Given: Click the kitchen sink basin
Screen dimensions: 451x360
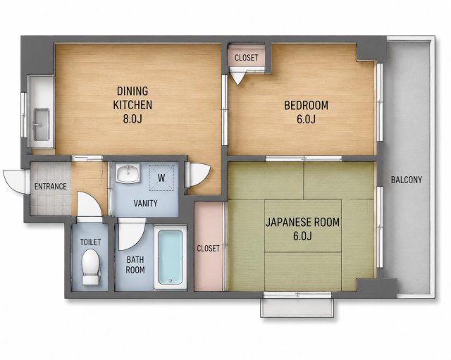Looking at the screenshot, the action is [x=42, y=125].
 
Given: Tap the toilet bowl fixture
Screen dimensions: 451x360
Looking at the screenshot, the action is [x=91, y=267].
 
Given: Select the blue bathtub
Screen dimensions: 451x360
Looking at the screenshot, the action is [x=171, y=257].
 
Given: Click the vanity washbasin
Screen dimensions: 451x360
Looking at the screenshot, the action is [x=128, y=173].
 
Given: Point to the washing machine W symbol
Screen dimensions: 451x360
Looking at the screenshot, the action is [x=161, y=178].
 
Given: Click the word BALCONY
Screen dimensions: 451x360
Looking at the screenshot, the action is [x=407, y=180].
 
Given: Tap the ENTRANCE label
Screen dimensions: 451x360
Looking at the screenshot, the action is [x=51, y=186].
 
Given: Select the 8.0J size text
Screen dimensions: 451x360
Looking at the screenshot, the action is [x=132, y=118].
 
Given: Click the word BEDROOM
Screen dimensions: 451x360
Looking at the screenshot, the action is [x=306, y=105].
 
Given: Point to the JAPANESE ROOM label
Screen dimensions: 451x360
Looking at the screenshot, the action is [x=302, y=222].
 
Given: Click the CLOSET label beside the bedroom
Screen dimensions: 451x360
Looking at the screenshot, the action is [x=246, y=58].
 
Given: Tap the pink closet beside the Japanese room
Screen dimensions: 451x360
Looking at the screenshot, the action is [x=209, y=247].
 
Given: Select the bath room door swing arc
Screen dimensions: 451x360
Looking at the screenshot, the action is [x=132, y=234].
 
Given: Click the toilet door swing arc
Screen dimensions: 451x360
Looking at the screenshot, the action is [x=89, y=205].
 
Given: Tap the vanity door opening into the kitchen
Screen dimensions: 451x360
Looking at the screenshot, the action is [x=198, y=175].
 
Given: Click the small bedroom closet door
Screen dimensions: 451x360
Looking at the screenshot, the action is [x=238, y=77].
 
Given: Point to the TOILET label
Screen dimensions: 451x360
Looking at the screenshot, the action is [x=91, y=242].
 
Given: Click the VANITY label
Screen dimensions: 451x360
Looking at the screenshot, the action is [x=146, y=204].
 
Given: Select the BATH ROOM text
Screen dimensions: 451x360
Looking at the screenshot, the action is [x=135, y=265].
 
